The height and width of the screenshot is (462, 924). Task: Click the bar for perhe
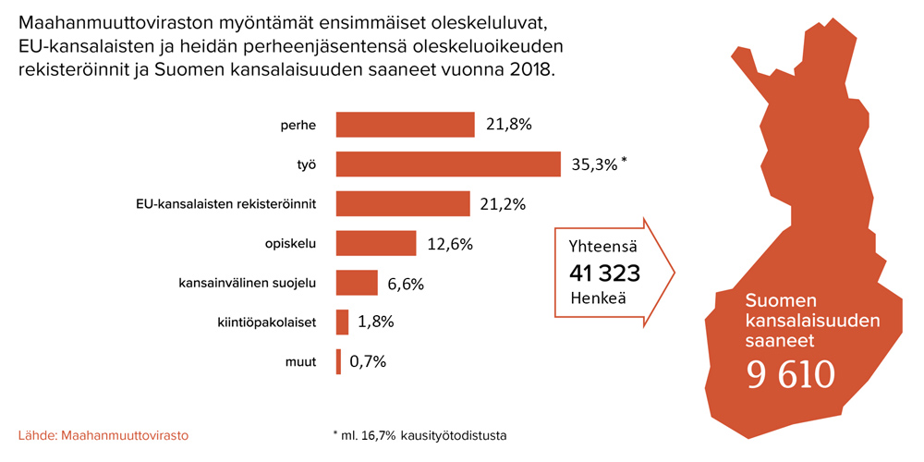pyautogui.click(x=405, y=124)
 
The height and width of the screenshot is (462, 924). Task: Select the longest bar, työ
pyautogui.click(x=448, y=164)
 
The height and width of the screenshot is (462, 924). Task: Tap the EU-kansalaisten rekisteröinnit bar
pyautogui.click(x=403, y=203)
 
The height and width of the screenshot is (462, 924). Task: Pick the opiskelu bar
pyautogui.click(x=375, y=243)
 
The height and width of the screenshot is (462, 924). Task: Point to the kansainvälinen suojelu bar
pyautogui.click(x=357, y=283)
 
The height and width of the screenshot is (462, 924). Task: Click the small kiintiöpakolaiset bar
pyautogui.click(x=342, y=322)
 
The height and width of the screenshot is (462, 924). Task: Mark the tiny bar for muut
pyautogui.click(x=338, y=361)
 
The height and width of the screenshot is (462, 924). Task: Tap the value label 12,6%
pyautogui.click(x=450, y=244)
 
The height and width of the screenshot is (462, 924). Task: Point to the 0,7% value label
pyautogui.click(x=368, y=362)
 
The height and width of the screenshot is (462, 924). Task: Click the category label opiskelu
pyautogui.click(x=291, y=244)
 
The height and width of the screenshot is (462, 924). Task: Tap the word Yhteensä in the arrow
pyautogui.click(x=603, y=247)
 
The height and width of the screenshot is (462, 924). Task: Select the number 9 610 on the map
pyautogui.click(x=791, y=373)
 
